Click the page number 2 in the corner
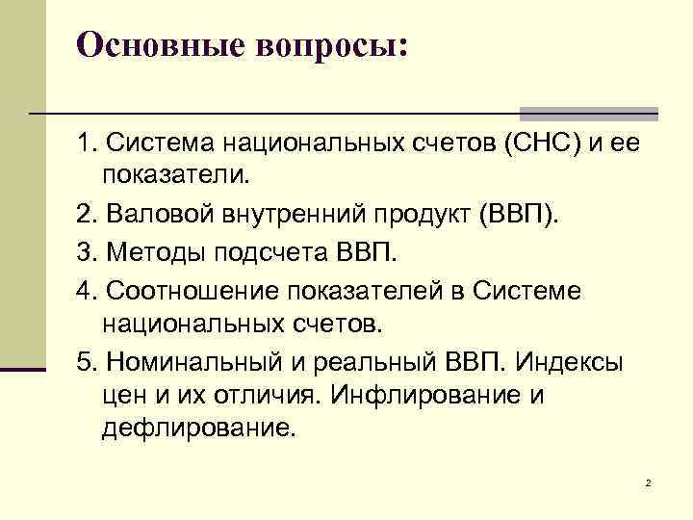click(649, 481)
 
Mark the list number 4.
click(87, 292)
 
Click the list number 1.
click(87, 143)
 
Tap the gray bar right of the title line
click(588, 113)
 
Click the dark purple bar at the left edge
click(23, 368)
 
